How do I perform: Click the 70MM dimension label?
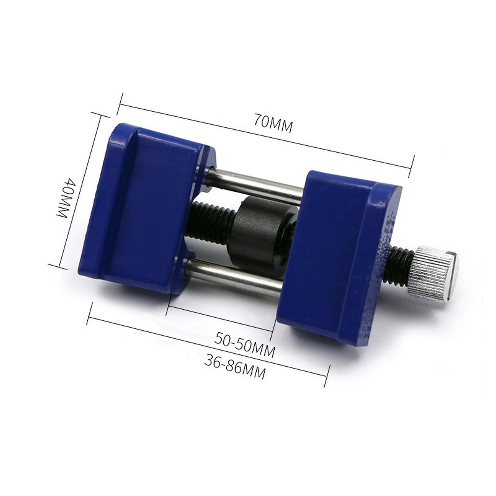click(x=273, y=123)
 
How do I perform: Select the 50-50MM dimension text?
click(x=245, y=344)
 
